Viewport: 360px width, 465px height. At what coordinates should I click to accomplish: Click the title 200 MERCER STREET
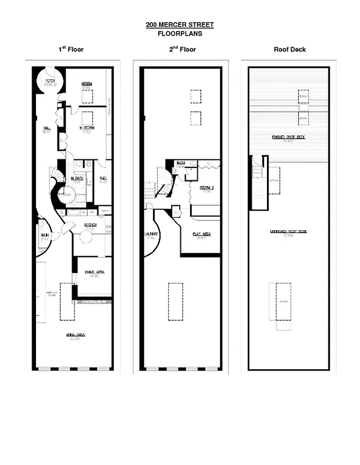180,25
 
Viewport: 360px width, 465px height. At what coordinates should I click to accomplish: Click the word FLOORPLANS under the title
180,34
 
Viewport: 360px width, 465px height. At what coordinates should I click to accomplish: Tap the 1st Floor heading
71,49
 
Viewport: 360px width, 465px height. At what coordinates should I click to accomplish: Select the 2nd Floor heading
183,49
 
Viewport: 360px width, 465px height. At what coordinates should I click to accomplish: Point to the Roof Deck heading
290,49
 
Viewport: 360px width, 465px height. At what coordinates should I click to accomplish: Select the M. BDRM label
87,130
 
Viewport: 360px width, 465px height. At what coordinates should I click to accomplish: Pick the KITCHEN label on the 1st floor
90,224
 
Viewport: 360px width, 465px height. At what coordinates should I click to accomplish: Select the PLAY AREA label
201,234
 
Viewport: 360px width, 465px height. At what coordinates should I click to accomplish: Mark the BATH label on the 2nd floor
181,163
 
